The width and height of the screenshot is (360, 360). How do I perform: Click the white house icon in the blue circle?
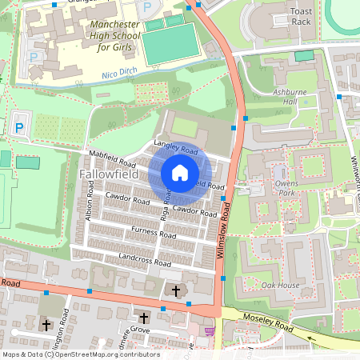click(180, 173)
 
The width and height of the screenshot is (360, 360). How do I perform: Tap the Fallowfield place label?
click(111, 174)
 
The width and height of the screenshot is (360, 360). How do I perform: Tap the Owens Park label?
click(287, 187)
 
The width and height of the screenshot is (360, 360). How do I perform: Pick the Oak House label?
click(281, 286)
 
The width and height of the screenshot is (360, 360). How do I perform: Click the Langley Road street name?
click(175, 148)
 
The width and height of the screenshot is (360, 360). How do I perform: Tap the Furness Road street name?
click(154, 234)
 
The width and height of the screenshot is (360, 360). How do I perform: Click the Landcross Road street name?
click(145, 260)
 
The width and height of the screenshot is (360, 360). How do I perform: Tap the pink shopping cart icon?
click(210, 330)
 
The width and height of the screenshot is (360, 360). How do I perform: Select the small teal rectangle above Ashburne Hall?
click(304, 56)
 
